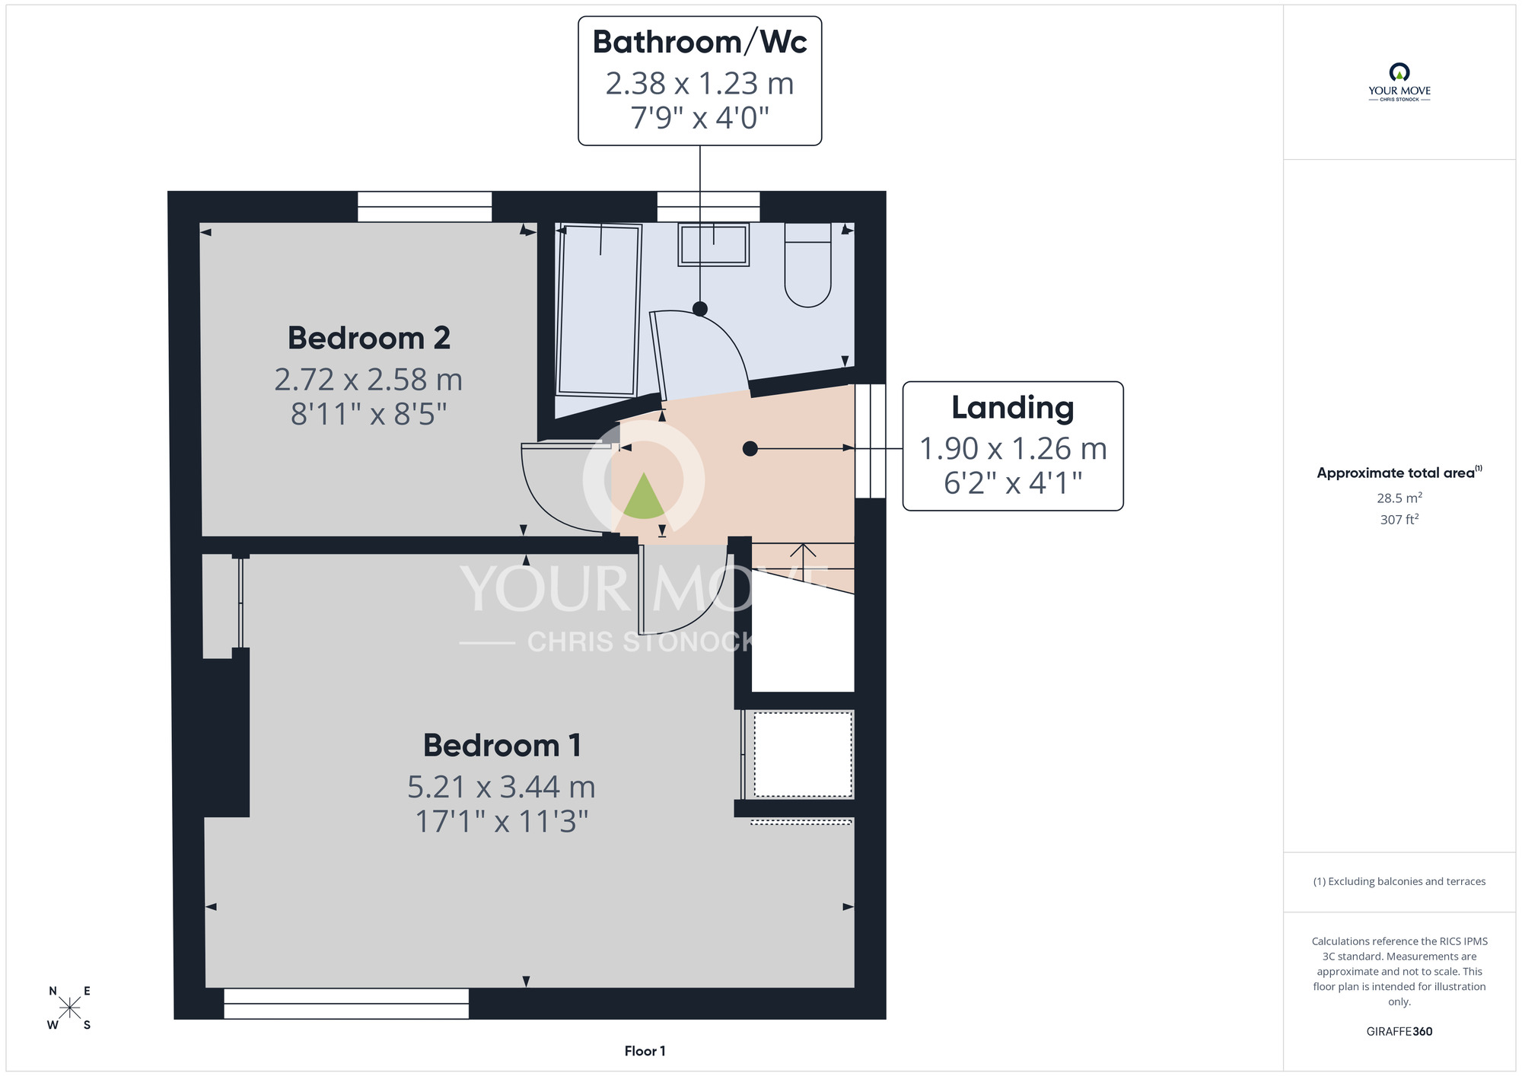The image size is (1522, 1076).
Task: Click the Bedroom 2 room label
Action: point(369,338)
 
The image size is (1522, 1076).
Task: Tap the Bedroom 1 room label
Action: point(502,745)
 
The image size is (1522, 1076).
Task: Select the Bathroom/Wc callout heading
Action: point(699,42)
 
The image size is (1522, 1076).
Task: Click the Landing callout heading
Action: point(1013,408)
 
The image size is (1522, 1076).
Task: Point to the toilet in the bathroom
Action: point(807,265)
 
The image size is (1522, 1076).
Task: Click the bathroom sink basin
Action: point(714,244)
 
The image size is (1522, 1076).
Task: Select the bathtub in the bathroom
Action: point(599,310)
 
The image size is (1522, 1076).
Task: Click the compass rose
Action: point(69,1008)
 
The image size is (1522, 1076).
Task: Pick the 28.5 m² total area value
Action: point(1399,498)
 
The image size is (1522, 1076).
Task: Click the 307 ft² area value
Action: point(1399,520)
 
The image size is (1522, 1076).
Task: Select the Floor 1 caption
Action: point(645,1051)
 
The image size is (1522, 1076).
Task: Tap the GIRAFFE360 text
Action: point(1399,1032)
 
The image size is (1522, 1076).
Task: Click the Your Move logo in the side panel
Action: point(1399,82)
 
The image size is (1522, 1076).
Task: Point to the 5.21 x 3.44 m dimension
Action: point(501,787)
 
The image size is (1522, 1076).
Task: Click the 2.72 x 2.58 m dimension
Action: point(368,380)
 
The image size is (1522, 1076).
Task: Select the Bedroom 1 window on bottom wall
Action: point(346,1004)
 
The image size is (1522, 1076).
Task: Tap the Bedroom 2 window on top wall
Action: point(425,206)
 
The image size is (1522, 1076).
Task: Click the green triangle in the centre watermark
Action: point(644,495)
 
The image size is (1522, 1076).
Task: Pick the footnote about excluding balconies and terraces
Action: point(1399,881)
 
